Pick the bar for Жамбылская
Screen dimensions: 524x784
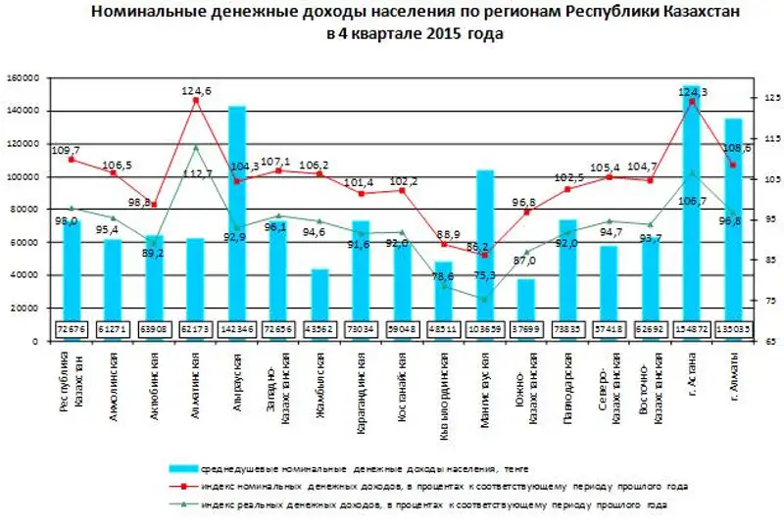tap(319, 294)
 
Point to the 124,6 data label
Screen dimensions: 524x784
tap(197, 91)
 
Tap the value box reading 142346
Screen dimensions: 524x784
tap(237, 329)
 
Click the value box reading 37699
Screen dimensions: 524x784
tap(526, 329)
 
